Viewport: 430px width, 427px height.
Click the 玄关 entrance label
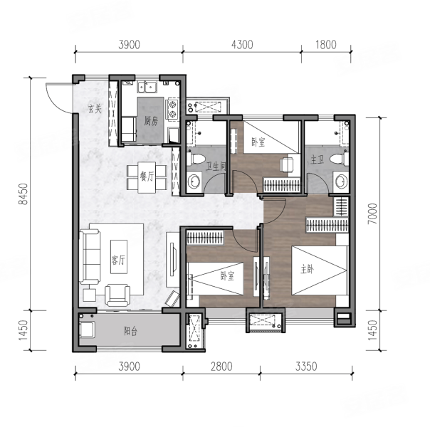coord(95,109)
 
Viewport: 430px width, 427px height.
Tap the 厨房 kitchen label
coord(151,120)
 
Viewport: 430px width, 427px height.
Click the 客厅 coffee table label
coord(118,259)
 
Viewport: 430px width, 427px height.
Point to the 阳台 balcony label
coord(130,332)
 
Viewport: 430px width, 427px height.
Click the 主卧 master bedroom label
coord(307,270)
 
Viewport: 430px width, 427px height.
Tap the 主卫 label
coord(317,159)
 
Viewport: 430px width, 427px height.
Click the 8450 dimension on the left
coord(24,194)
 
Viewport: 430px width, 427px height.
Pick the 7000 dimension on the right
coord(372,213)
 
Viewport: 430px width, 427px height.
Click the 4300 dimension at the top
coord(242,45)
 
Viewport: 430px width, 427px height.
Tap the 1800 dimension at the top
coord(326,45)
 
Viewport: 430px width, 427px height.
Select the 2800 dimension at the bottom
coord(221,367)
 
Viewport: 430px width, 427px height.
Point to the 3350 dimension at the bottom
coord(306,367)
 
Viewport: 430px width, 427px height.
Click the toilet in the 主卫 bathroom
coord(339,159)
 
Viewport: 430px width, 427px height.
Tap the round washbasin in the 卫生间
coord(194,181)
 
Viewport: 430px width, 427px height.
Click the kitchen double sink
coord(147,87)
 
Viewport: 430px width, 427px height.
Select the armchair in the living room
coord(117,295)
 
